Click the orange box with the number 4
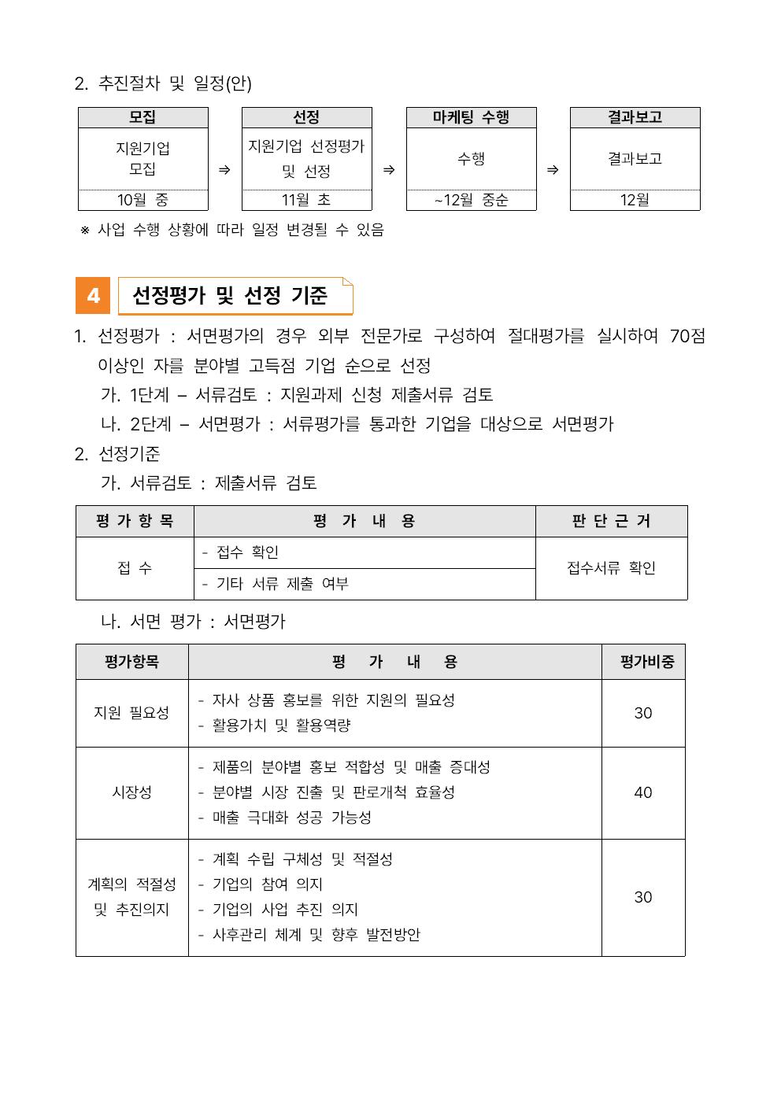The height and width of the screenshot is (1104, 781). pyautogui.click(x=93, y=296)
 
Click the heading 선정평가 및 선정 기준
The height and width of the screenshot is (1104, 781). pyautogui.click(x=229, y=296)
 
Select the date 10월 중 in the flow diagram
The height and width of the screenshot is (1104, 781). pyautogui.click(x=143, y=200)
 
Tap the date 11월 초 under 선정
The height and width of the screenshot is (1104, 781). pyautogui.click(x=306, y=200)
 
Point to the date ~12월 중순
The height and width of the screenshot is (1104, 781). pyautogui.click(x=471, y=200)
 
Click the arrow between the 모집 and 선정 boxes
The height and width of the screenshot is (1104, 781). pyautogui.click(x=224, y=170)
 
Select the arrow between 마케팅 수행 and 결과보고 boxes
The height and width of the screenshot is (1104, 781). pyautogui.click(x=553, y=170)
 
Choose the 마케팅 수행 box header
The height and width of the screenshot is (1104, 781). pyautogui.click(x=471, y=117)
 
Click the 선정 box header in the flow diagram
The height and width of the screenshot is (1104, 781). pyautogui.click(x=306, y=117)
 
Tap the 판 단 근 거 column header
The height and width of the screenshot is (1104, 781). pyautogui.click(x=611, y=521)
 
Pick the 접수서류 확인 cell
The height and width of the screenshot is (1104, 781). pyautogui.click(x=611, y=568)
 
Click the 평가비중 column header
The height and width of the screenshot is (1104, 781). pyautogui.click(x=643, y=662)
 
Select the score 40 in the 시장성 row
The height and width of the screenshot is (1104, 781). pyautogui.click(x=643, y=792)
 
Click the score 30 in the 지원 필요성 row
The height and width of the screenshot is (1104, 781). pyautogui.click(x=643, y=713)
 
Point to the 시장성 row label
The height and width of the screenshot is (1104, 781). pyautogui.click(x=131, y=792)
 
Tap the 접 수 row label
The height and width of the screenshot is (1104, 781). pyautogui.click(x=135, y=568)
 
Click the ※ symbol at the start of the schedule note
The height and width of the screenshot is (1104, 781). pyautogui.click(x=85, y=231)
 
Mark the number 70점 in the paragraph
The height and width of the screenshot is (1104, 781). pyautogui.click(x=687, y=336)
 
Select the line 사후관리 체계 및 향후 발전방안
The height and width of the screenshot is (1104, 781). pyautogui.click(x=316, y=935)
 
